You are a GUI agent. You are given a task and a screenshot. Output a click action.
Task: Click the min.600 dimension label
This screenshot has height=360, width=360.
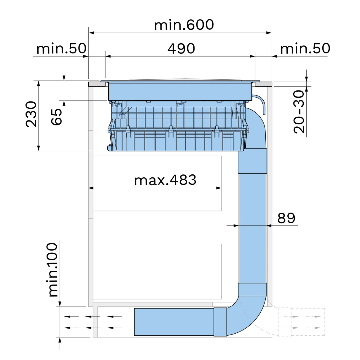coord(184,25)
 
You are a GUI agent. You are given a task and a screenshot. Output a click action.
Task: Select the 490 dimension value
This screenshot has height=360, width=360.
coord(181,49)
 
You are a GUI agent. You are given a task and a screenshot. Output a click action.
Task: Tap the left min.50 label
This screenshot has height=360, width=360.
coord(61,49)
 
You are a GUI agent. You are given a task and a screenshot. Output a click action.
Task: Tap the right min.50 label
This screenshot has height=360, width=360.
coord(305,49)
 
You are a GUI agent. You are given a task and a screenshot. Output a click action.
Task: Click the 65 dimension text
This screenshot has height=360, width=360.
coord(57,117)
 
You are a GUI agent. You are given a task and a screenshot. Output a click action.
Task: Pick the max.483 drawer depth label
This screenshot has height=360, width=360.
coord(165,180)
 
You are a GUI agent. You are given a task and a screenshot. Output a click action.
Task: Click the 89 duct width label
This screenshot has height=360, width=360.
coord(286,218)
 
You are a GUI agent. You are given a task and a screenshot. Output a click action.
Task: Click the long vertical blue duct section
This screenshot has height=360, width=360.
coord(252,228)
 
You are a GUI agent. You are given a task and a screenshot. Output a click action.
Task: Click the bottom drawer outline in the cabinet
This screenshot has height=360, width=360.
coord(157,271)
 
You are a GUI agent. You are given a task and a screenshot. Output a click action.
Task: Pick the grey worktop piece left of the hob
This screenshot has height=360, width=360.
coord(97,84)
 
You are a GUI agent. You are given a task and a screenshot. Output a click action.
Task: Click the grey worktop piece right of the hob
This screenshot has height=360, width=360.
coord(263,84)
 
